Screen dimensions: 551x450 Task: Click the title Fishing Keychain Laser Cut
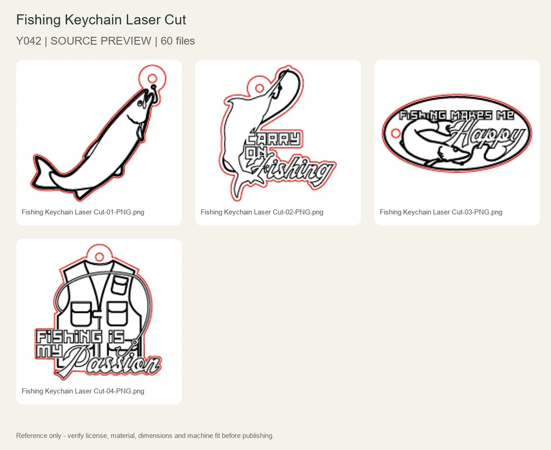[x=101, y=20]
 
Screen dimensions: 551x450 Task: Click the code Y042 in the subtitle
[x=29, y=41]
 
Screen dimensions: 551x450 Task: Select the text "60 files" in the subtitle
[x=178, y=41]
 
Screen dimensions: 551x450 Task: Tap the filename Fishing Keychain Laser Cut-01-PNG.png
[x=83, y=212]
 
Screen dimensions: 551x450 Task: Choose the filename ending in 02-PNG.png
[x=262, y=212]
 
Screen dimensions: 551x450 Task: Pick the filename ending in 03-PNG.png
[x=441, y=212]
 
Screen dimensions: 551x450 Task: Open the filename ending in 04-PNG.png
[x=83, y=391]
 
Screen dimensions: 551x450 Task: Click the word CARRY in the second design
[x=274, y=139]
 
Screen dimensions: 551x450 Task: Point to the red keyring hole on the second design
[x=260, y=88]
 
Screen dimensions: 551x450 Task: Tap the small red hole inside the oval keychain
[x=396, y=133]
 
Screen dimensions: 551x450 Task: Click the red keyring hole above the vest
[x=99, y=257]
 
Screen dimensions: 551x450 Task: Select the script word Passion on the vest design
[x=112, y=363]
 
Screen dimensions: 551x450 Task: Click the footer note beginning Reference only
[x=145, y=436]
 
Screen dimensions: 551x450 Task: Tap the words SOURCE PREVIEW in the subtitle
[x=101, y=41]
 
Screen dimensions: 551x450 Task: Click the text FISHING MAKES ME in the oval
[x=457, y=115]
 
